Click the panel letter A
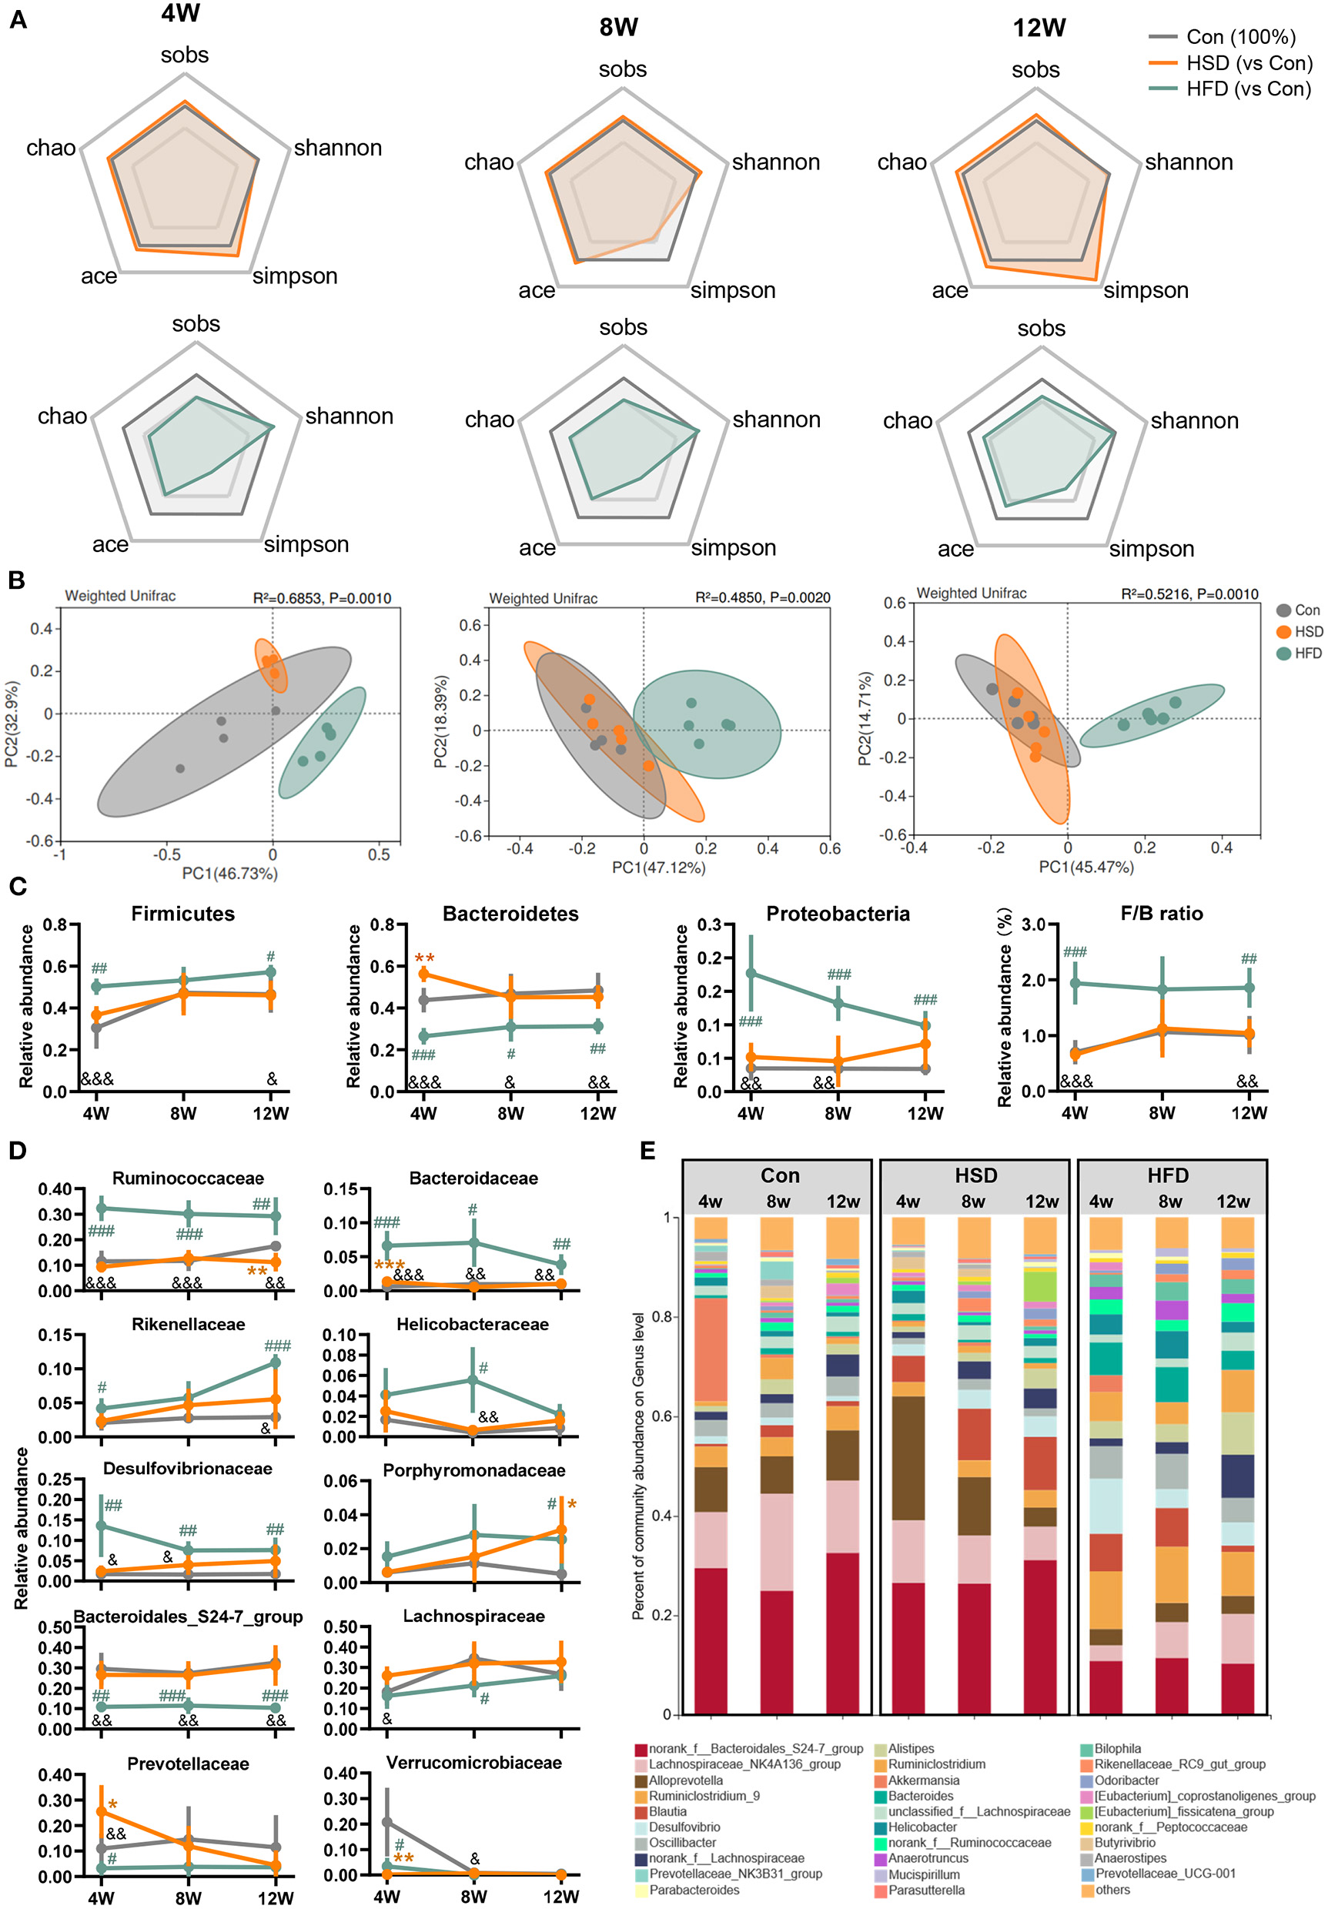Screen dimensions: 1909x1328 pyautogui.click(x=18, y=19)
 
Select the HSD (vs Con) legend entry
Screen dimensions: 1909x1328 pyautogui.click(x=1248, y=63)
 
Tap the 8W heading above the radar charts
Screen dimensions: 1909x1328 pyautogui.click(x=619, y=28)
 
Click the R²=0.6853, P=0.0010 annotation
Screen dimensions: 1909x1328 pyautogui.click(x=322, y=598)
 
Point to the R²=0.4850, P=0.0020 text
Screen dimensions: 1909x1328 pyautogui.click(x=761, y=598)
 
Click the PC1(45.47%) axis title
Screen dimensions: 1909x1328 pyautogui.click(x=1085, y=868)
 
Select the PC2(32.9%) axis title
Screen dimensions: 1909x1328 pyautogui.click(x=12, y=724)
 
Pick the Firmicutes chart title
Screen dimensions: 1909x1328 pyautogui.click(x=183, y=914)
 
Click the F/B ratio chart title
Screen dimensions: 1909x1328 pyautogui.click(x=1161, y=914)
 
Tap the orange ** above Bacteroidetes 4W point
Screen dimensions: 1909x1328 pyautogui.click(x=424, y=958)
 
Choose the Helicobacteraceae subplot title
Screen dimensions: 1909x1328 pyautogui.click(x=473, y=1325)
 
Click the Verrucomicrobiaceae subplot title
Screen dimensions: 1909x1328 pyautogui.click(x=473, y=1763)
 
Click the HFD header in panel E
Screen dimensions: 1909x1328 pyautogui.click(x=1168, y=1175)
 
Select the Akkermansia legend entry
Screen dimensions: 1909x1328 pyautogui.click(x=923, y=1781)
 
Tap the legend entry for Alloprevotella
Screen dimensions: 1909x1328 pyautogui.click(x=685, y=1781)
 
